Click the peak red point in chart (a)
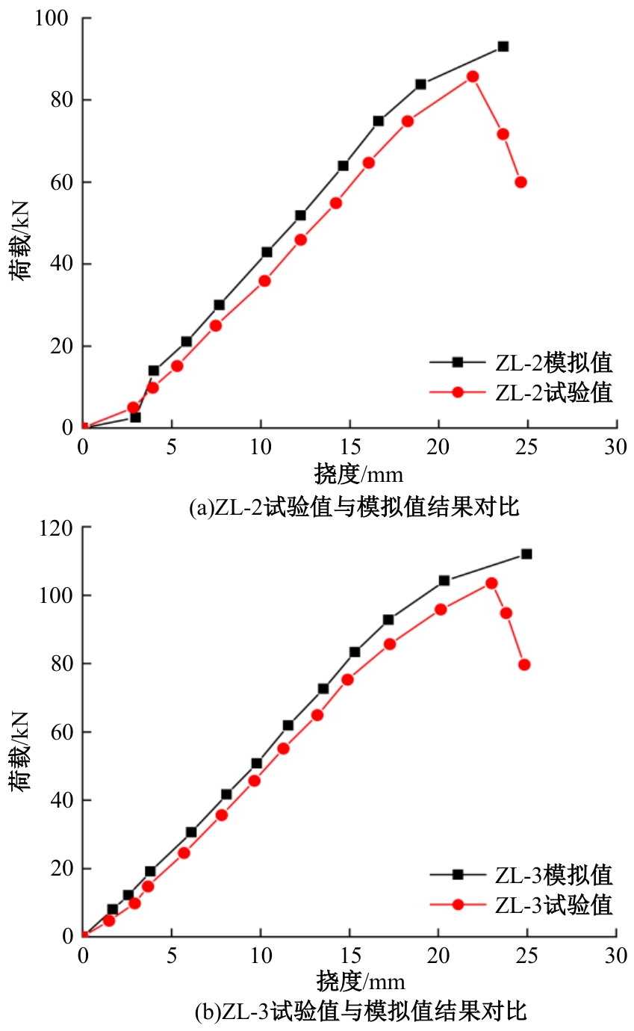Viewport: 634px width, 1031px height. [x=473, y=76]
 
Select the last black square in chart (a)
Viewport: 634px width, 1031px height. [x=503, y=46]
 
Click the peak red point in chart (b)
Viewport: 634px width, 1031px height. [x=491, y=583]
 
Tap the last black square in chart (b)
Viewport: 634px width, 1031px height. [x=526, y=554]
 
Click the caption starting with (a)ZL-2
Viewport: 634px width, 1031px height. [x=354, y=508]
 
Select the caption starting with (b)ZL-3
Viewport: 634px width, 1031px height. [x=361, y=1012]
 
